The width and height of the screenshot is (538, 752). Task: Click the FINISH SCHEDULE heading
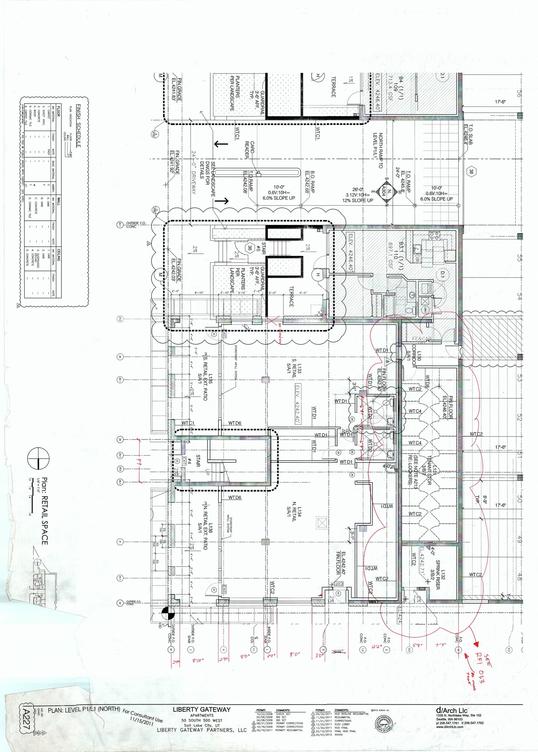pyautogui.click(x=78, y=126)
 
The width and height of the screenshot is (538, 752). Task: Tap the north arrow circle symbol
pyautogui.click(x=38, y=459)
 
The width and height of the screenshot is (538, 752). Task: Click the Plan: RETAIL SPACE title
pyautogui.click(x=44, y=511)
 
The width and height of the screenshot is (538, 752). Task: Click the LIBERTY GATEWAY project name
pyautogui.click(x=202, y=710)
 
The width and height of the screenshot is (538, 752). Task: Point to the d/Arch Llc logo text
pyautogui.click(x=451, y=711)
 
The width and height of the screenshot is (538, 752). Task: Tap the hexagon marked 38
pyautogui.click(x=471, y=171)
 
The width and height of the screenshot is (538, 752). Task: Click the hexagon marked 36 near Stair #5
pyautogui.click(x=250, y=248)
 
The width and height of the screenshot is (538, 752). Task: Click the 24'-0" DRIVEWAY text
pyautogui.click(x=193, y=173)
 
